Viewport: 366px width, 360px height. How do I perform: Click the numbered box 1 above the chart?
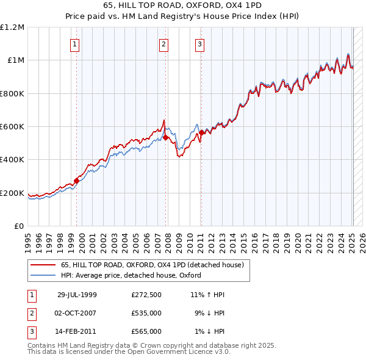click(74, 43)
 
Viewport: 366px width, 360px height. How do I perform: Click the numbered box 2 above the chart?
click(164, 43)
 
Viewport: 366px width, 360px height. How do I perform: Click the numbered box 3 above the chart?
click(199, 43)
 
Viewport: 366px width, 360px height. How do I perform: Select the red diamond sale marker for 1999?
click(77, 181)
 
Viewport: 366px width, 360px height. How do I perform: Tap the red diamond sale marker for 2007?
click(165, 137)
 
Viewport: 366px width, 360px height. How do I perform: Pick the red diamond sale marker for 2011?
click(201, 132)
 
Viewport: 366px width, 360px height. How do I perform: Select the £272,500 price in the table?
click(146, 295)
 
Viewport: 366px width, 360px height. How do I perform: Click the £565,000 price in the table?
click(146, 331)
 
